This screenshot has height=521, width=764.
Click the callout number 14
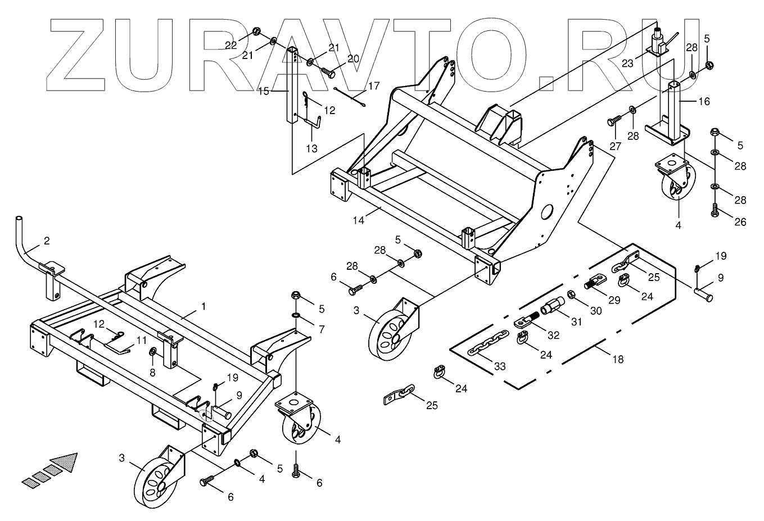click(x=358, y=220)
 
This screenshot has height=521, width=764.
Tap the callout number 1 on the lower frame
click(x=203, y=306)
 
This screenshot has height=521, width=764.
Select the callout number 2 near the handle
click(x=47, y=241)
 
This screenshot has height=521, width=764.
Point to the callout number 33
click(x=499, y=366)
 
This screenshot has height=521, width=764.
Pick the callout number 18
click(x=618, y=359)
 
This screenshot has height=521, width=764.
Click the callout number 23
click(x=627, y=64)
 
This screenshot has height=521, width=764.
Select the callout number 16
click(x=704, y=102)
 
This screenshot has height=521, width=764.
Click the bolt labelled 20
click(x=328, y=73)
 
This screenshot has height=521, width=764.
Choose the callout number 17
click(x=374, y=87)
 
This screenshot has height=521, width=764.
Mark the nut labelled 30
click(x=572, y=294)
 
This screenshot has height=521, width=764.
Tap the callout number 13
click(x=311, y=148)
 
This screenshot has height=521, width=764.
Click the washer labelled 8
click(x=153, y=352)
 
